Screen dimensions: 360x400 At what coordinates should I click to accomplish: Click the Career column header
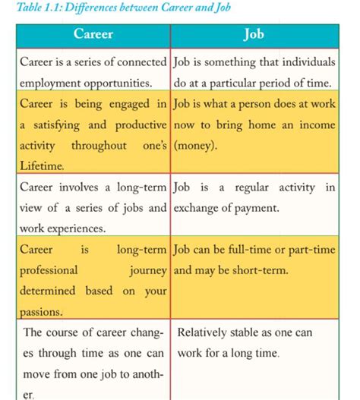93,35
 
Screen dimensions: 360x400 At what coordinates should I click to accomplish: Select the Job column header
253,35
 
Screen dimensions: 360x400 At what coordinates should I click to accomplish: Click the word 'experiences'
73,227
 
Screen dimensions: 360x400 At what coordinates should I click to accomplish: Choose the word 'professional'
49,269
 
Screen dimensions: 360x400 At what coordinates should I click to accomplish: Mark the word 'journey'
143,269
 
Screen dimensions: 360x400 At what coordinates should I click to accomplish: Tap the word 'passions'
41,311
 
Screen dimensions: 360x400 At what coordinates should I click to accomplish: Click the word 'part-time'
311,249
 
